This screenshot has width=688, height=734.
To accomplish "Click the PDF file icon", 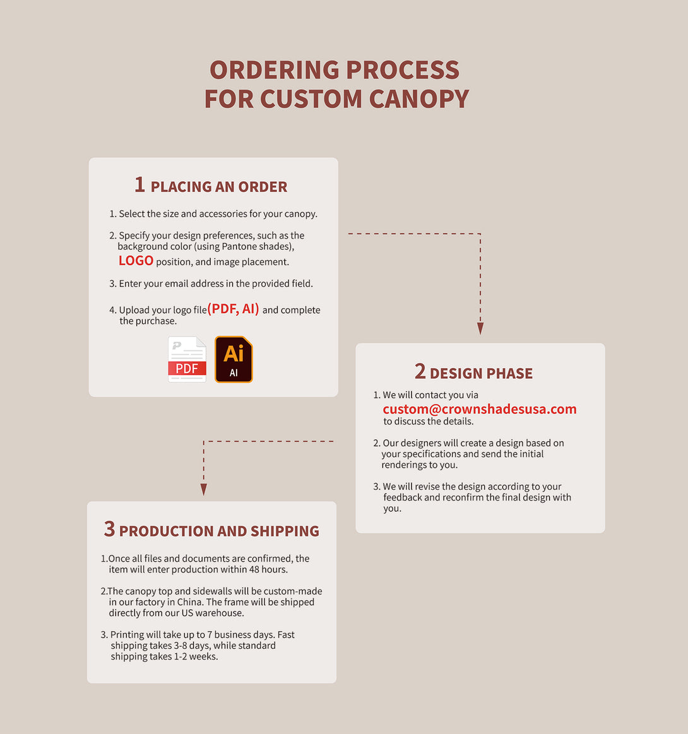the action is point(187,359).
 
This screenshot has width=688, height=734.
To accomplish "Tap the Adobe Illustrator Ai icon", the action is point(234,359).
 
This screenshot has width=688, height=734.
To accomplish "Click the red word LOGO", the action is point(136,261).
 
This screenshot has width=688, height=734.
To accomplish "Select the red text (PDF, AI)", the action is point(233,309).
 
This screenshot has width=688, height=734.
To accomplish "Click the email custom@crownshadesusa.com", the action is point(479,409).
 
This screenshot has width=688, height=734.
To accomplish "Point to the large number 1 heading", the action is point(139,184).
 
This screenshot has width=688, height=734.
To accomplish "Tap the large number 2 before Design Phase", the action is point(420,371).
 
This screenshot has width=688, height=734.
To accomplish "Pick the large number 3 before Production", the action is point(109,529).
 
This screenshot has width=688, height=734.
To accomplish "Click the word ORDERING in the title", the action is point(275,70).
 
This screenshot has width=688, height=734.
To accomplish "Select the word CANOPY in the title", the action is point(419,99).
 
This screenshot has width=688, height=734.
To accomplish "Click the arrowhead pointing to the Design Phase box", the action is point(480,328).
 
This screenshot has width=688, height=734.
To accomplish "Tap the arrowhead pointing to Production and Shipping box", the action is point(204,490).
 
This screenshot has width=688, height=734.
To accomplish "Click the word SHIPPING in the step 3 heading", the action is point(285,531).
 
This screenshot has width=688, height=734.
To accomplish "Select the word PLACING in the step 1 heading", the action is point(181,187).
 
